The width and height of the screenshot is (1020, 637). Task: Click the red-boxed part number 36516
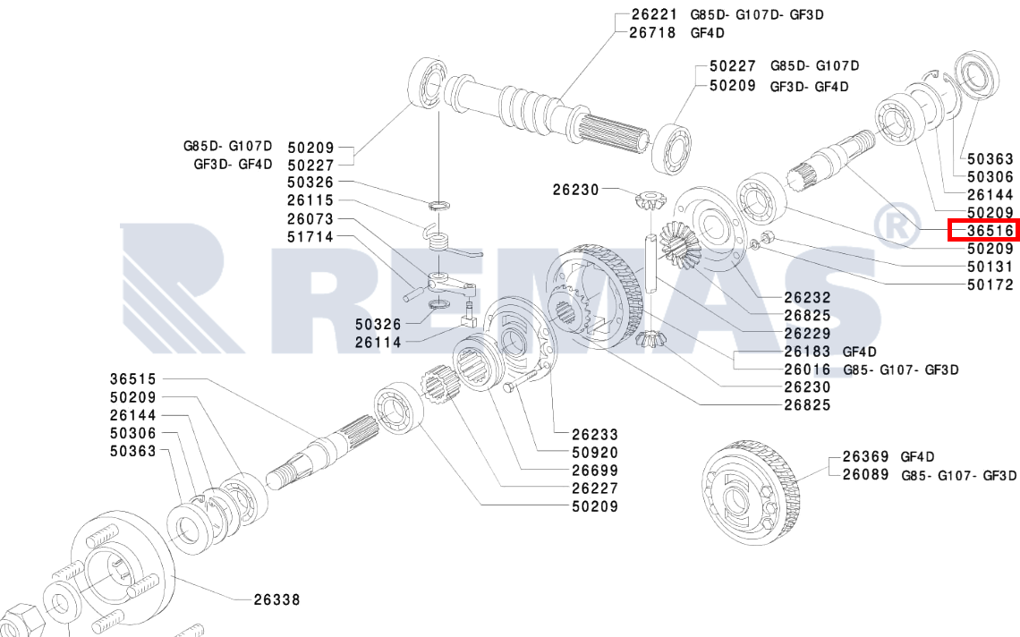coord(990,230)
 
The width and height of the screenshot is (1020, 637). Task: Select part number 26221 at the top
coord(654,14)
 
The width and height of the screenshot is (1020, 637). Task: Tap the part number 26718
coord(652,32)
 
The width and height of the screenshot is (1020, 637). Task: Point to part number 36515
coord(133,378)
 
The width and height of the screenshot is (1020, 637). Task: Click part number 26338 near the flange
coord(277,599)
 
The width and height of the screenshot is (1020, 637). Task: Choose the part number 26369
coord(866,457)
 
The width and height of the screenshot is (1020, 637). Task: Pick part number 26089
coord(866,474)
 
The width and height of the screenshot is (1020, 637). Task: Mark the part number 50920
coord(595,452)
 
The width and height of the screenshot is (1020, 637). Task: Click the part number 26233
coord(595,434)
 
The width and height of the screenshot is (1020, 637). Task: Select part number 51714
coord(310,237)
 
